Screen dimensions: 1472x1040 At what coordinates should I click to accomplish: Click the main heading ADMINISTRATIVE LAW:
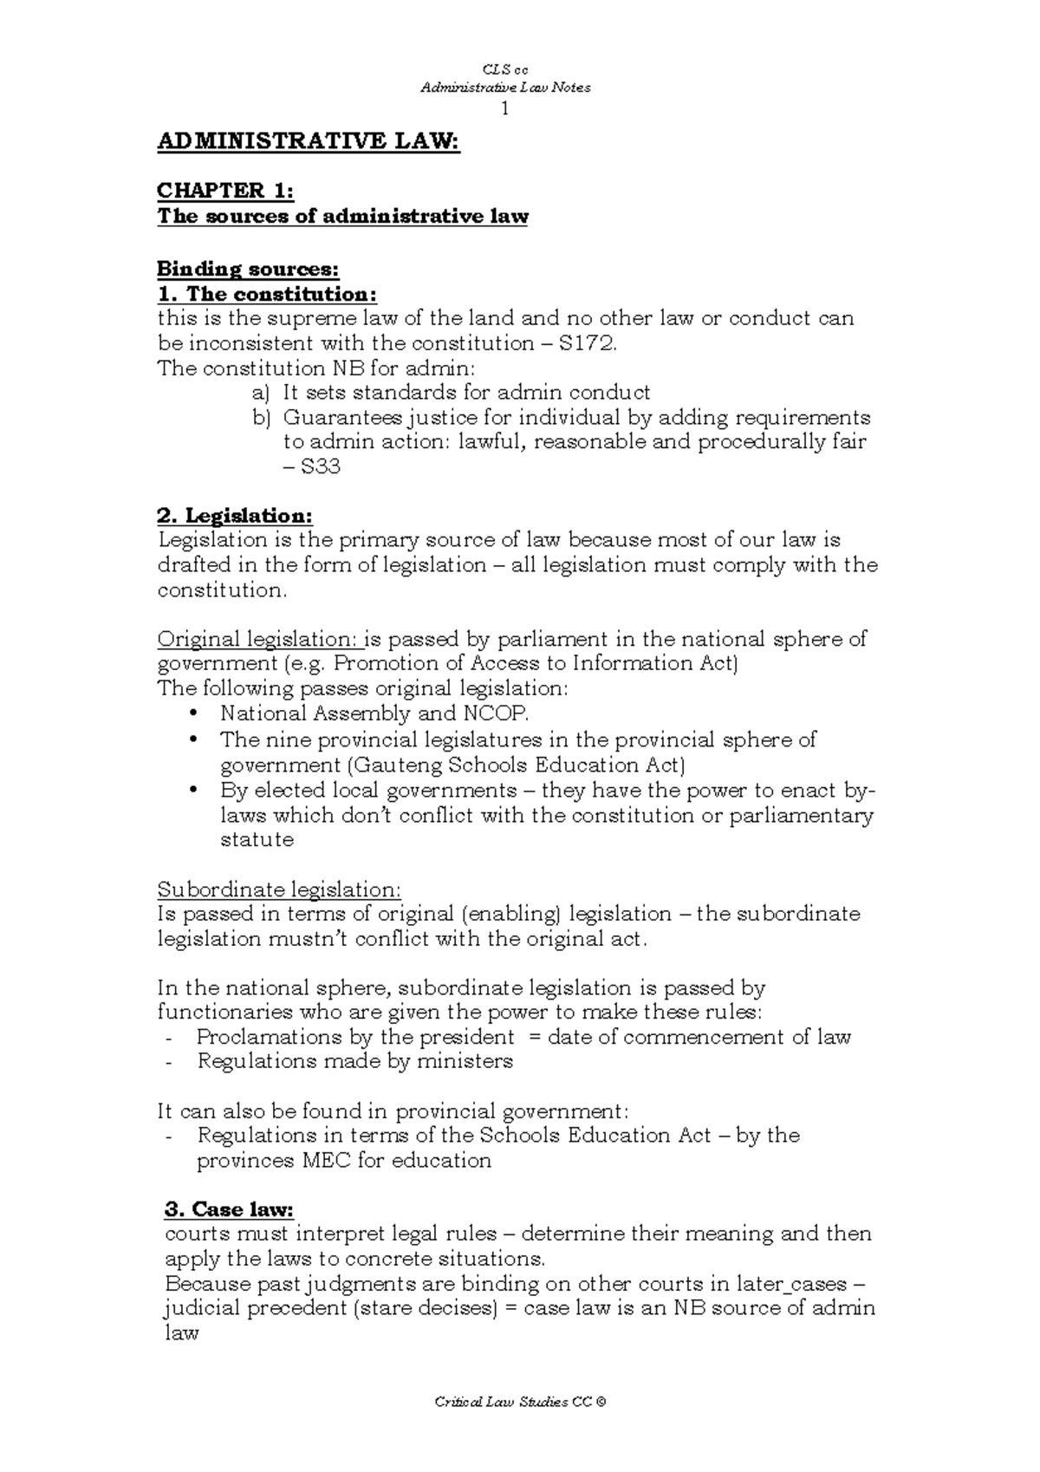click(x=308, y=142)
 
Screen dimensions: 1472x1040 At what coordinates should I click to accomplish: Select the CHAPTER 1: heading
click(x=225, y=191)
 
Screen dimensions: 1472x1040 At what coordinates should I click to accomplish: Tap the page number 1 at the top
click(x=505, y=109)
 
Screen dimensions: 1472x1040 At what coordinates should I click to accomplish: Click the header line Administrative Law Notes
click(x=505, y=87)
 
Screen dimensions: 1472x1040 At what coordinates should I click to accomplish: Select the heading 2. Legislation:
click(x=234, y=516)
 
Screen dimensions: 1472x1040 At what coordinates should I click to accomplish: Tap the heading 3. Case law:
click(x=230, y=1208)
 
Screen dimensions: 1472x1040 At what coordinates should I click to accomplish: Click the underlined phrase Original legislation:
click(x=258, y=640)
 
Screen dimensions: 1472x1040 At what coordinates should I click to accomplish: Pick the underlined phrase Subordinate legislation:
click(x=279, y=889)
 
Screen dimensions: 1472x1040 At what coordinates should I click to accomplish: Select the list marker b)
click(x=262, y=418)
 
